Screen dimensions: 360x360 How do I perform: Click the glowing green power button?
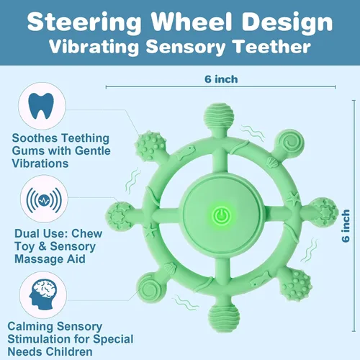pyautogui.click(x=222, y=215)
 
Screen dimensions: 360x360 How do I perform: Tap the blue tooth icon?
pyautogui.click(x=41, y=106)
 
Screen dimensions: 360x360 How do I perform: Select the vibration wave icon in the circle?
pyautogui.click(x=44, y=200)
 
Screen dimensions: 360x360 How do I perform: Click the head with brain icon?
pyautogui.click(x=42, y=295)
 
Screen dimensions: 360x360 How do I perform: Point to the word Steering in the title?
pyautogui.click(x=84, y=23)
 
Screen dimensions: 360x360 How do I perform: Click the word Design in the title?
pyautogui.click(x=287, y=23)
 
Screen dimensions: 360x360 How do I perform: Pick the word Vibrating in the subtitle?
pyautogui.click(x=94, y=47)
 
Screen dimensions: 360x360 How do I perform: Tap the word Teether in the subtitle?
pyautogui.click(x=272, y=46)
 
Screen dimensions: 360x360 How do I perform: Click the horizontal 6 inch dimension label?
pyautogui.click(x=221, y=79)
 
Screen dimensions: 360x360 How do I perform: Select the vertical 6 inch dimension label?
pyautogui.click(x=346, y=226)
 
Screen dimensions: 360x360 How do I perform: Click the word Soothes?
pyautogui.click(x=35, y=138)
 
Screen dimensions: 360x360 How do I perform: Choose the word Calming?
pyautogui.click(x=31, y=327)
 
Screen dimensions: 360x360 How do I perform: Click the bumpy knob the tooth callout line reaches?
pyautogui.click(x=150, y=145)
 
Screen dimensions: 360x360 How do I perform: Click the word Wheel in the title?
pyautogui.click(x=192, y=22)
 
